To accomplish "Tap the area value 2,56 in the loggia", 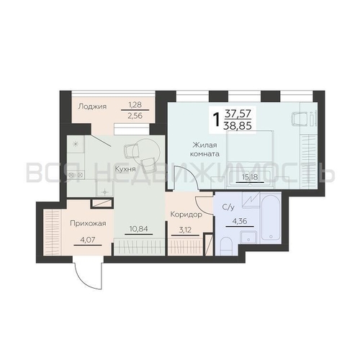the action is (135, 116).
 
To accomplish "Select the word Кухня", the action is (125, 168).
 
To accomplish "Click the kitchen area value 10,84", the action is (139, 229).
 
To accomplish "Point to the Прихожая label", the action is (88, 223).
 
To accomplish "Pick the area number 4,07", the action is (88, 240).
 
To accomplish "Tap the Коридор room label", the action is (186, 215).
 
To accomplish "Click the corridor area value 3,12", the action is (185, 230).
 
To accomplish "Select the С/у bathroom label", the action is (228, 207).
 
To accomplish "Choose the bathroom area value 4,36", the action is (240, 221).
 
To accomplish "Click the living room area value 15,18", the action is (250, 177).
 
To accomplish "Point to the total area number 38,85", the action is (238, 125).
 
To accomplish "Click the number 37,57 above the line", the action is (238, 112).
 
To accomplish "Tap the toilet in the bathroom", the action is (226, 246).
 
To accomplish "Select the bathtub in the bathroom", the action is (271, 217).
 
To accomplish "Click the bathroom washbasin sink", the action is (248, 237).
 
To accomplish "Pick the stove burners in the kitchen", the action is (76, 175).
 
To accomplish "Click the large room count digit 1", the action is (217, 120).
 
